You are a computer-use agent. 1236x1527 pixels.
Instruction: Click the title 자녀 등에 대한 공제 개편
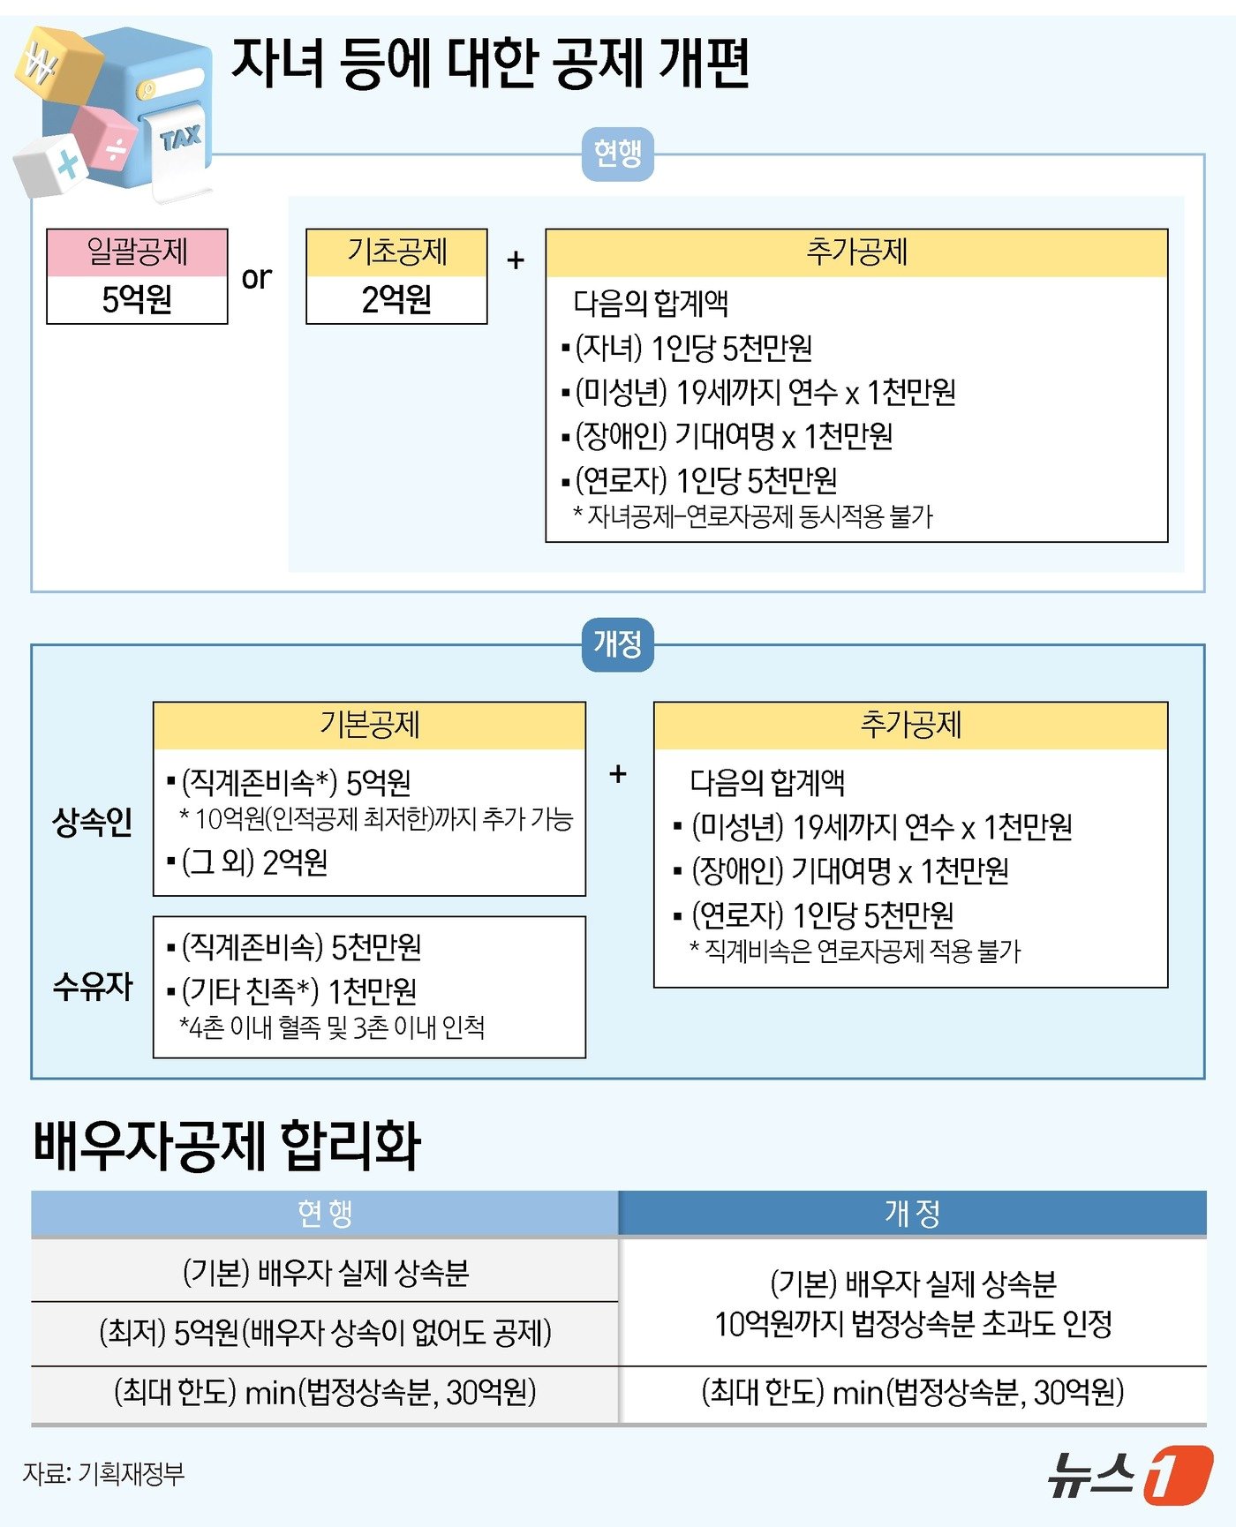click(491, 63)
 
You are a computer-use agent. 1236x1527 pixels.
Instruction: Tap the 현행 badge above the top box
click(618, 154)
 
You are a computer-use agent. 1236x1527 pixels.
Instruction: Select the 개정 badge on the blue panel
click(618, 643)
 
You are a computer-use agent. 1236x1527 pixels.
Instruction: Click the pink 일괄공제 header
click(137, 253)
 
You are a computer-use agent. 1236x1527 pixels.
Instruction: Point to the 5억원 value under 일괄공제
click(137, 300)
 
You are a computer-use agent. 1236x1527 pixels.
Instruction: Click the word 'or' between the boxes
click(257, 277)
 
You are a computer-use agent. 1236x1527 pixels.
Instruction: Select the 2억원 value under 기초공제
click(396, 300)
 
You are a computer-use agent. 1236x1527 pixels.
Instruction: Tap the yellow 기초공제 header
click(396, 253)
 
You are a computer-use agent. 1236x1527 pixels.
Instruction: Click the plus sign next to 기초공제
click(516, 260)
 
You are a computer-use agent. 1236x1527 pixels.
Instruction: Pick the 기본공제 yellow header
click(369, 726)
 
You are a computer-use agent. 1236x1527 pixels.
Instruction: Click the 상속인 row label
click(93, 822)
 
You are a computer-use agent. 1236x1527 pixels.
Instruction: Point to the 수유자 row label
click(93, 986)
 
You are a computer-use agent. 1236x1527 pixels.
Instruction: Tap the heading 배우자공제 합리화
click(227, 1145)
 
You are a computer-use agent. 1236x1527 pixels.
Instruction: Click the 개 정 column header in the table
click(912, 1213)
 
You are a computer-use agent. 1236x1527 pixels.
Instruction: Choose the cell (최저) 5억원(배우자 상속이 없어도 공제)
click(325, 1332)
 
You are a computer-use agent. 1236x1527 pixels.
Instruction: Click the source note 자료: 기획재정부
click(104, 1473)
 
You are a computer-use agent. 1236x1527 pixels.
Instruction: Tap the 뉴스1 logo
click(1130, 1472)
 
